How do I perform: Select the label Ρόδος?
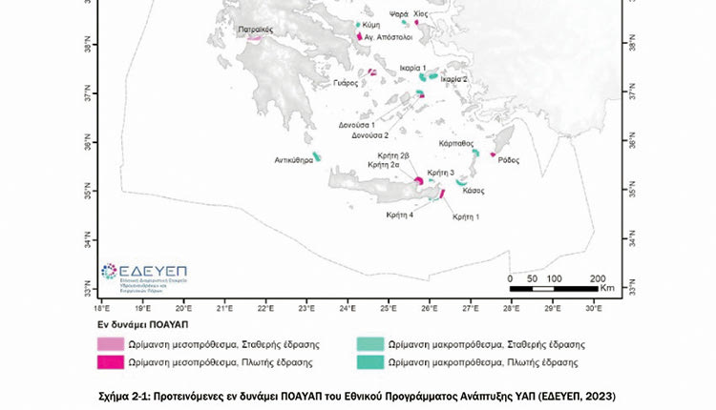508,160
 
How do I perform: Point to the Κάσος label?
473,191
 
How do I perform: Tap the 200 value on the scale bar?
598,277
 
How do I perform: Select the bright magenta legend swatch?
112,362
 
